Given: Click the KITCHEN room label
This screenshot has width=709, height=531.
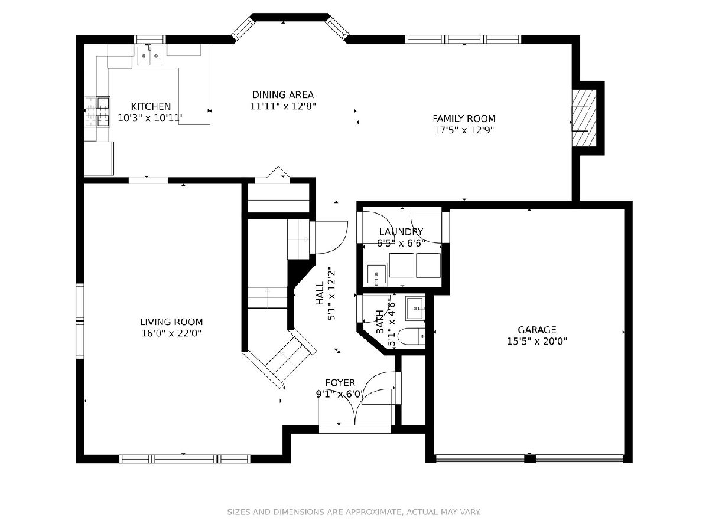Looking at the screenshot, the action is pyautogui.click(x=151, y=106).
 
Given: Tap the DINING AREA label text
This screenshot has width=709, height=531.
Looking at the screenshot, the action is pyautogui.click(x=282, y=95).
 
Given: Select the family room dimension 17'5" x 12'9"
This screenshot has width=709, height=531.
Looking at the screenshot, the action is pyautogui.click(x=464, y=130).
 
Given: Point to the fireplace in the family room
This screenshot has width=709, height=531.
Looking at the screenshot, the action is pyautogui.click(x=584, y=118).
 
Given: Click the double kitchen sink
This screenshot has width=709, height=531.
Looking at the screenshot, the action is pyautogui.click(x=150, y=56).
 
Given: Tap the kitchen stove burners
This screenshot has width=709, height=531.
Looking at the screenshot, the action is pyautogui.click(x=103, y=112).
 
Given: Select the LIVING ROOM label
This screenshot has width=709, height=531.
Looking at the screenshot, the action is pyautogui.click(x=171, y=322).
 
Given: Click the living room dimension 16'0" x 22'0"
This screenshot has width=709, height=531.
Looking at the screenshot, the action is pyautogui.click(x=171, y=333).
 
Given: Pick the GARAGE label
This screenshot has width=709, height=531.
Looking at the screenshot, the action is pyautogui.click(x=537, y=330).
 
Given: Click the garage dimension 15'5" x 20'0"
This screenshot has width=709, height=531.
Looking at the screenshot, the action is pyautogui.click(x=537, y=341).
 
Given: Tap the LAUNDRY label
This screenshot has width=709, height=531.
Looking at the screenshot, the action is pyautogui.click(x=401, y=232).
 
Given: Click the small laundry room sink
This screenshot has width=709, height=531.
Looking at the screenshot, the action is pyautogui.click(x=376, y=274).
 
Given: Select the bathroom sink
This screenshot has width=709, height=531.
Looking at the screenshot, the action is pyautogui.click(x=416, y=309).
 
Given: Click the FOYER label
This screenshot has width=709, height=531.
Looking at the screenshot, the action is pyautogui.click(x=340, y=383).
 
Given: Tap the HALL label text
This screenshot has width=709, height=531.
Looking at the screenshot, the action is pyautogui.click(x=320, y=293).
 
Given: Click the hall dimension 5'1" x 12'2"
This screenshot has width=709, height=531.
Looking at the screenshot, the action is pyautogui.click(x=331, y=293).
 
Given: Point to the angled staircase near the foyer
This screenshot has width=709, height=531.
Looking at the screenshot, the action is pyautogui.click(x=279, y=359).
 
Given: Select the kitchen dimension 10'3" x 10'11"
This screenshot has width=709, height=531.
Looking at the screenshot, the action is pyautogui.click(x=151, y=118).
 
